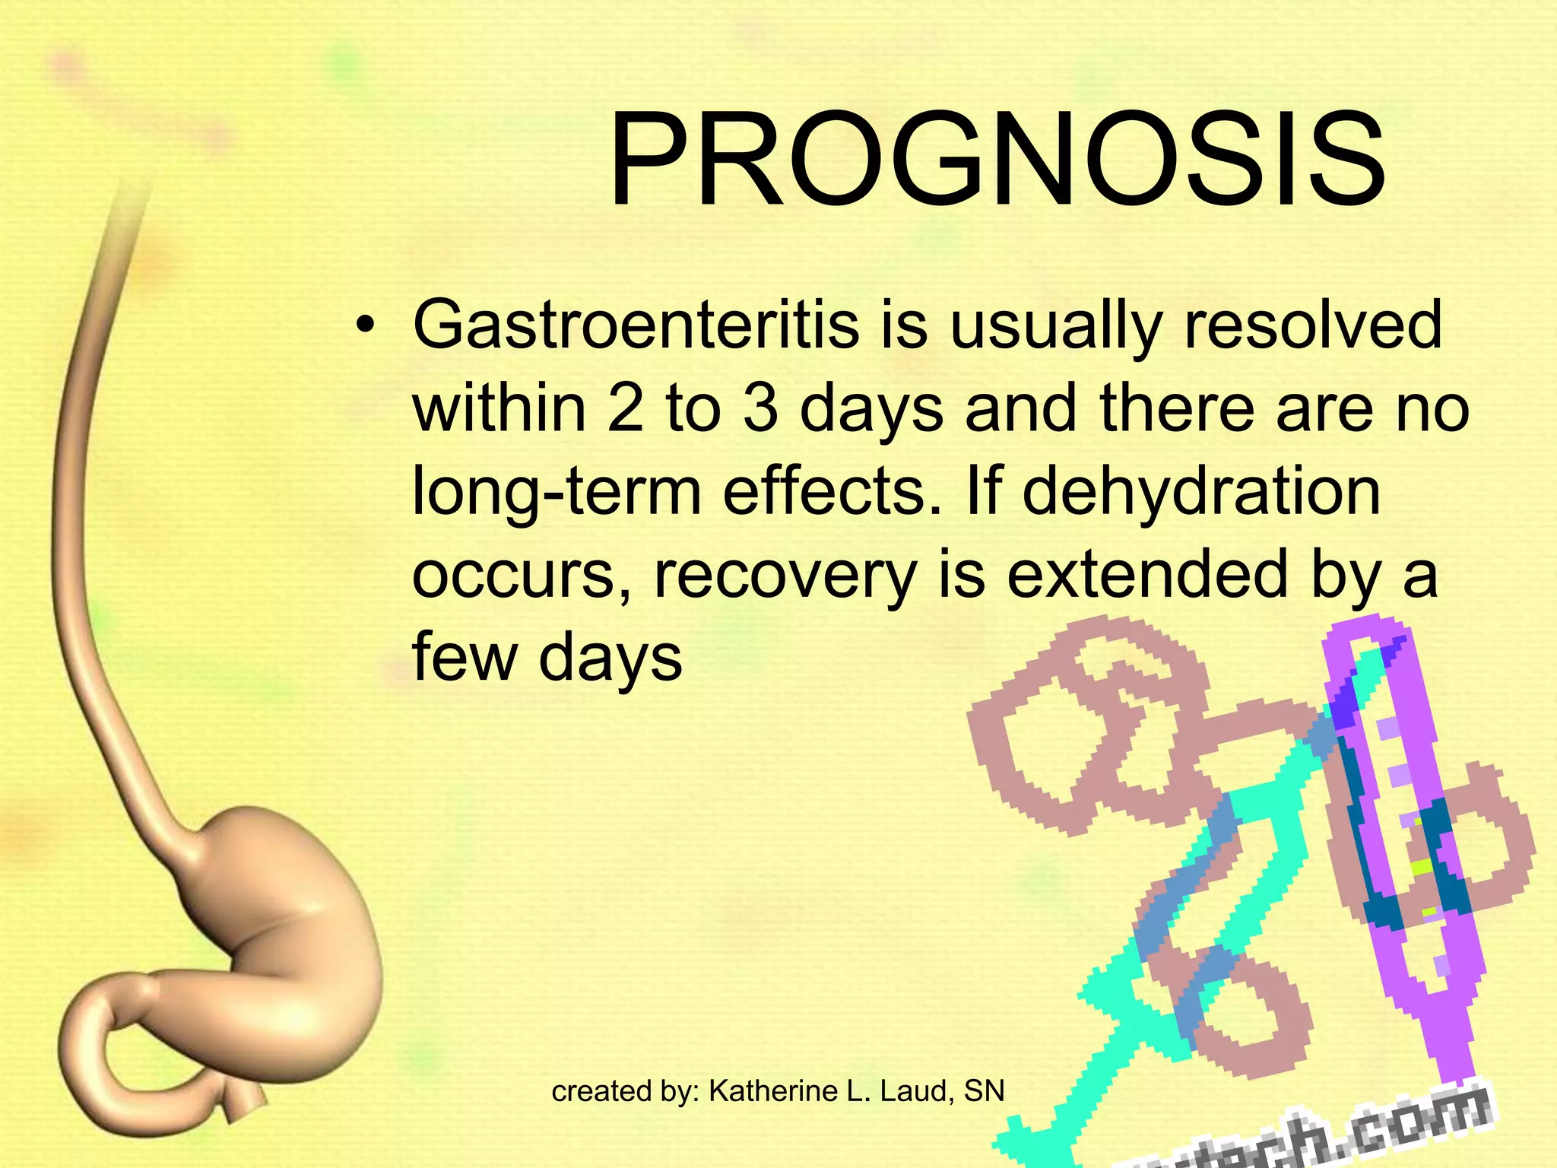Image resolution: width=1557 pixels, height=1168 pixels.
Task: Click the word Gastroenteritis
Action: click(636, 325)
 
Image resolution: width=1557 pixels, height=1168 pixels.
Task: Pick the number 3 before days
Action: click(760, 409)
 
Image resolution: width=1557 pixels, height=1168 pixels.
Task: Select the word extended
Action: click(1148, 575)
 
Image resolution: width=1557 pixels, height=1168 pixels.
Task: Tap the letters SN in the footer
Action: click(984, 1091)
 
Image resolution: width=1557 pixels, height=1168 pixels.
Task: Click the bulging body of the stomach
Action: click(274, 935)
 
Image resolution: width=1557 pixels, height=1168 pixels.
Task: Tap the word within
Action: click(499, 409)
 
